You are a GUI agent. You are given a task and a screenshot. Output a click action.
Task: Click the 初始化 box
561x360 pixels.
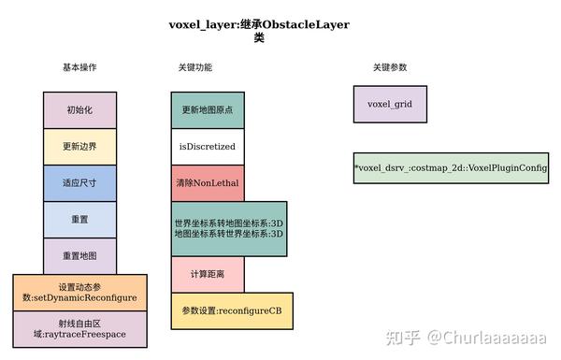[x=79, y=109]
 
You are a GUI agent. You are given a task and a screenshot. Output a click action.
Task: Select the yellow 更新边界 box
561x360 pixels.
[x=79, y=146]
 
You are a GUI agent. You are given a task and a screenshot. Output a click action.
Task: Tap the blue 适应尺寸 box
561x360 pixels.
[x=79, y=182]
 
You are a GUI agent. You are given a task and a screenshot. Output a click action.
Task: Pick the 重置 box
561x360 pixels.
[x=79, y=219]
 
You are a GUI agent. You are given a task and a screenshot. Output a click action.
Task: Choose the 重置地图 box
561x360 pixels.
[x=79, y=255]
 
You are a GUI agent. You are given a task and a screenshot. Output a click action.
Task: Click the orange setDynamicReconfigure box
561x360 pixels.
[x=79, y=292]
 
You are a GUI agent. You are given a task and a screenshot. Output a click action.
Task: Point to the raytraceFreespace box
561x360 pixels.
[x=79, y=328]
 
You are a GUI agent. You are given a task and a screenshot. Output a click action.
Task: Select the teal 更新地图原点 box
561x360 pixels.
[x=207, y=110]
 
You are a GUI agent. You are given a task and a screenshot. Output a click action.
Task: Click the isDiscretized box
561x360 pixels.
[x=207, y=147]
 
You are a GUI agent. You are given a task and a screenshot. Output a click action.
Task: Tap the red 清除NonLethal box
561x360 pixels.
[x=207, y=183]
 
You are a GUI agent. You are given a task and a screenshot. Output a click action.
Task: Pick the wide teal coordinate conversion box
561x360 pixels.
[x=229, y=228]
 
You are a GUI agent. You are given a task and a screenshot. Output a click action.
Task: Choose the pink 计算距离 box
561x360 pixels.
[x=207, y=274]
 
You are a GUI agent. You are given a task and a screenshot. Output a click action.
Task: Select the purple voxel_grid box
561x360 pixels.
[x=390, y=104]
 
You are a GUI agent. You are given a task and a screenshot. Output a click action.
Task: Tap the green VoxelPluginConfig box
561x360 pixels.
[x=451, y=168]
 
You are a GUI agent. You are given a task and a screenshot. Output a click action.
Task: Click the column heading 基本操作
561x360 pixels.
[x=79, y=68]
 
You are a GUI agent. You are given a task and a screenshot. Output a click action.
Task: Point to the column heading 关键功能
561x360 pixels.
[x=194, y=68]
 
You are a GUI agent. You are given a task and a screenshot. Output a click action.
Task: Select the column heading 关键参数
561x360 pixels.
[x=390, y=68]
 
